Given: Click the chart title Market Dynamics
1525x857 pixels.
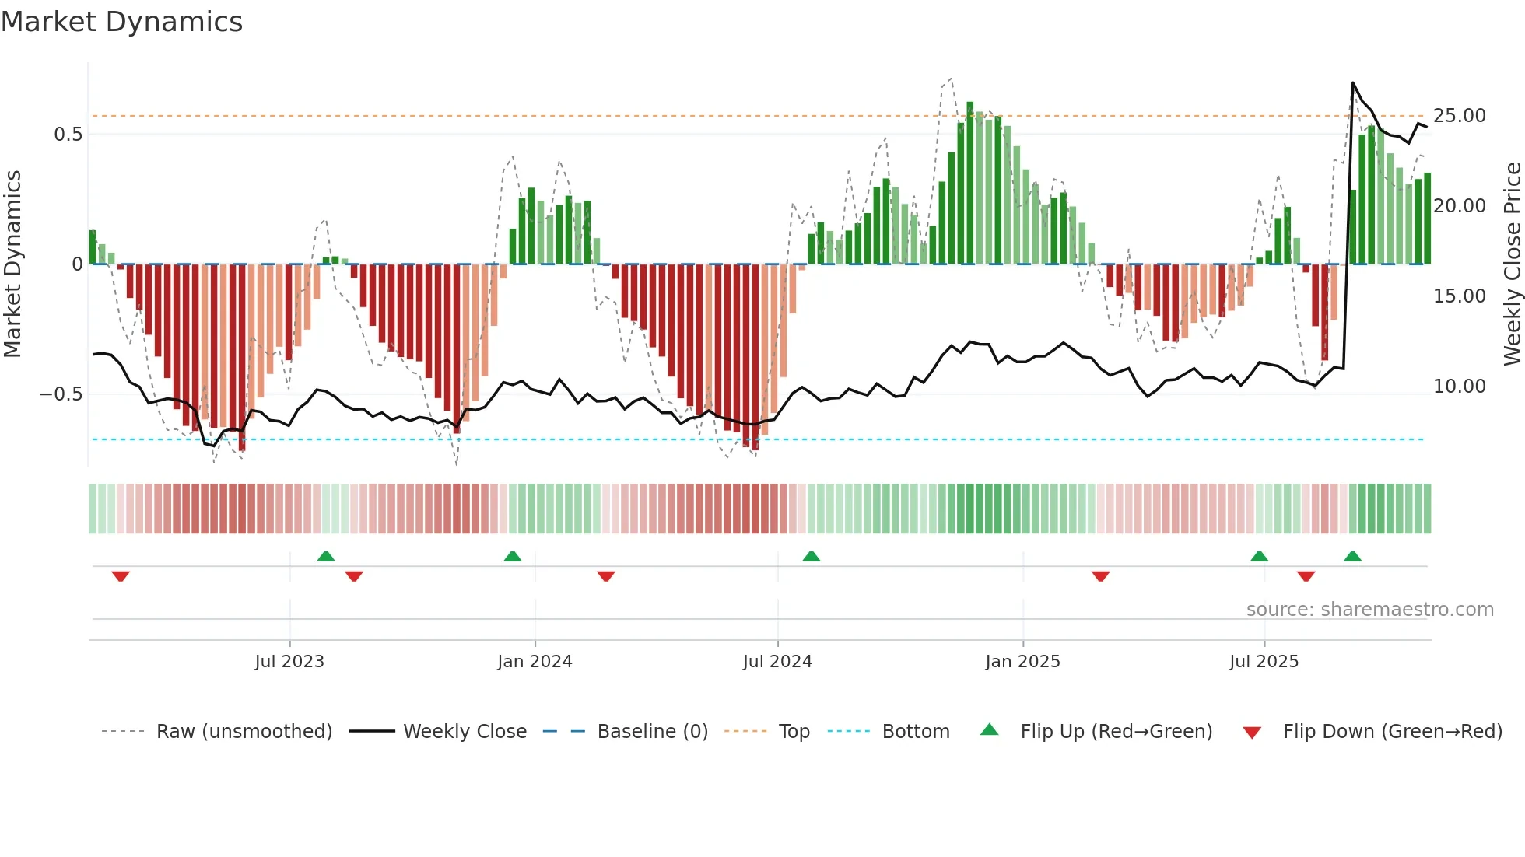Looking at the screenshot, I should (x=121, y=22).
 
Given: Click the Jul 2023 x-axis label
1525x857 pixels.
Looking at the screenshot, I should (x=289, y=662).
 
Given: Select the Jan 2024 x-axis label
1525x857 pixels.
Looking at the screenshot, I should (x=535, y=662).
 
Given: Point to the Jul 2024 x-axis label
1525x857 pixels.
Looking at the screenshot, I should (x=777, y=662).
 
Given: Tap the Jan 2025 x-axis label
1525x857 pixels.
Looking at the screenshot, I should (x=1022, y=662).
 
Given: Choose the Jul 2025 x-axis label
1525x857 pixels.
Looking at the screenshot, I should (x=1264, y=662).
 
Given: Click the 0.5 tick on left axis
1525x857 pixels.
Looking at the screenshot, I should (x=68, y=135).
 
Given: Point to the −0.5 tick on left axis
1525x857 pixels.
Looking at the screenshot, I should (x=61, y=394).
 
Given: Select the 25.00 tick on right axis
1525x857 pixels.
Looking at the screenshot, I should (x=1460, y=116).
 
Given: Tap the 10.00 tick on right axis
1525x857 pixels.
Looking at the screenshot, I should (x=1460, y=387).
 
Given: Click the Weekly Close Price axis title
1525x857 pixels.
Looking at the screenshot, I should (x=1512, y=264).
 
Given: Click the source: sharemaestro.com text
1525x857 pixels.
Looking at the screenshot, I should (x=1369, y=610).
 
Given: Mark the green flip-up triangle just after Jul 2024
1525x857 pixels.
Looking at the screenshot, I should (x=811, y=556).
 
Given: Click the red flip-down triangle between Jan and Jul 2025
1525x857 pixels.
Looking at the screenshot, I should (x=1100, y=576).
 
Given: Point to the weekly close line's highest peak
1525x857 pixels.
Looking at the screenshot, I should (x=1353, y=83).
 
